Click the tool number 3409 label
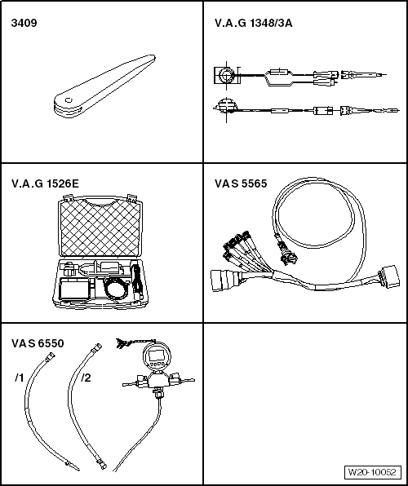24,23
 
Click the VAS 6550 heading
38,344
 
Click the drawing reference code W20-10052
372,472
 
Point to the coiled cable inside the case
116,289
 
